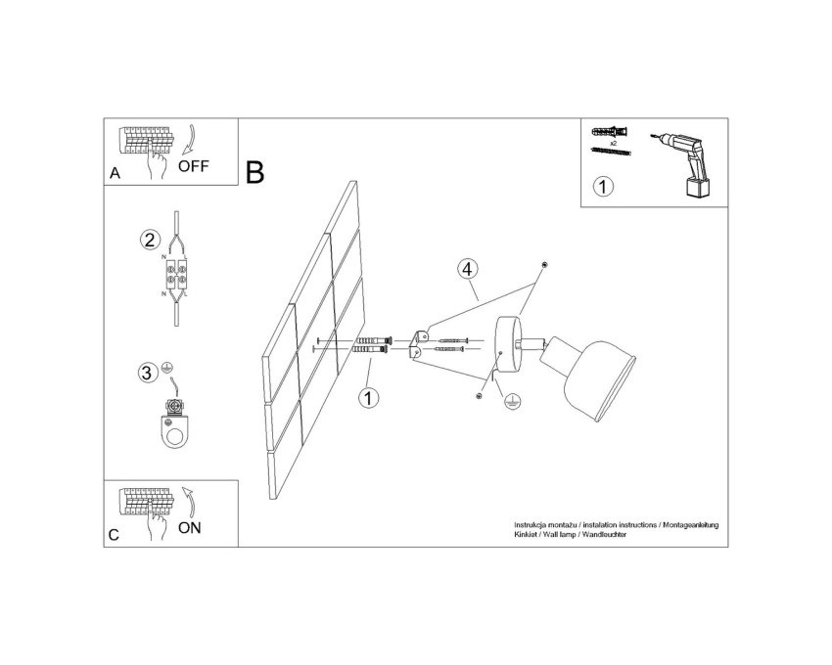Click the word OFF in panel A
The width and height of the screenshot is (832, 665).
(x=193, y=166)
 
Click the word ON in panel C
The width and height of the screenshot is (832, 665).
(x=190, y=528)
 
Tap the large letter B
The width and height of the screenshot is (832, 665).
(x=255, y=172)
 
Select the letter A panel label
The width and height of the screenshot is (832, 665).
(x=116, y=173)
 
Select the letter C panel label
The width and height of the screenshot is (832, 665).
(x=115, y=535)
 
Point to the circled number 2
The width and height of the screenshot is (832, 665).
(x=150, y=241)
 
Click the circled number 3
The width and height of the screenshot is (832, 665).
(x=147, y=373)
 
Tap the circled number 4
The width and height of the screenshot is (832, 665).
(x=467, y=269)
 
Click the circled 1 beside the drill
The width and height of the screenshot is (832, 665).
(x=603, y=187)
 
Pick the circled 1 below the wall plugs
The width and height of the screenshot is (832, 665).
(x=368, y=398)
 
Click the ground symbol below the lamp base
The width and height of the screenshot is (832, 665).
(x=512, y=401)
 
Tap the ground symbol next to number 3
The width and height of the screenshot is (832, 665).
(x=166, y=367)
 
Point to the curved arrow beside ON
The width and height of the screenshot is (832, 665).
(x=190, y=501)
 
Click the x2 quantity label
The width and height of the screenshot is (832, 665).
(x=614, y=143)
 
